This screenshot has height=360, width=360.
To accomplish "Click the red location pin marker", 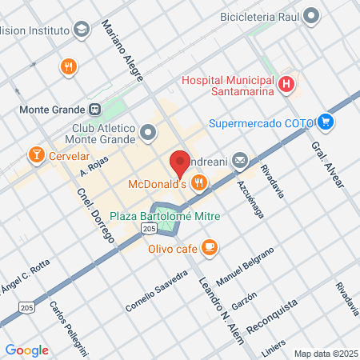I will coord(181,162).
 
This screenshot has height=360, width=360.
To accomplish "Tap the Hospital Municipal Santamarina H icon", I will coord(286,84).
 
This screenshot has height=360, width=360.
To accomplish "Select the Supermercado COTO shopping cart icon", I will coord(326,122).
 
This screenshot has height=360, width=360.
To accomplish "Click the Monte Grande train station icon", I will coord(94,110).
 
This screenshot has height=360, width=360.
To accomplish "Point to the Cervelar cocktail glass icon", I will coord(35,154).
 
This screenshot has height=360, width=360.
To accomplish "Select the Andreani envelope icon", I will coord(241,162).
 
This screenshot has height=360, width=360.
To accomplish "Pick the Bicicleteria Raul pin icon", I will coord(311,15).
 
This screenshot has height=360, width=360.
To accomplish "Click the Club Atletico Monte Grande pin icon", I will coord(148,130).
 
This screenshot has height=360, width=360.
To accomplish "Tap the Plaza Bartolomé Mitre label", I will coord(165,216).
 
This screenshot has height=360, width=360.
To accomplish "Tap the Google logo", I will coord(26,350).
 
